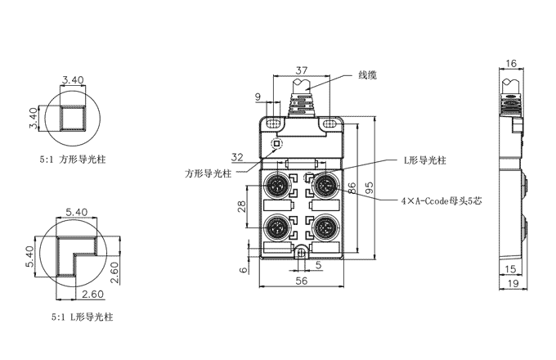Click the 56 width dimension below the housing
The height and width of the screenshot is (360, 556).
point(302,280)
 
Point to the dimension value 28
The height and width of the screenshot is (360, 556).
point(242,206)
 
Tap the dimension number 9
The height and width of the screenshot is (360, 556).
point(259,98)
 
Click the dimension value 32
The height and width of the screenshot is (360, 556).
point(237,156)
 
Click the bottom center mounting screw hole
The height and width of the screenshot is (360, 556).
point(302,252)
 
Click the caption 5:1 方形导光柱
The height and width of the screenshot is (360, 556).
point(73,161)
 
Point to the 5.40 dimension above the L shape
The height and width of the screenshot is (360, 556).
point(75,212)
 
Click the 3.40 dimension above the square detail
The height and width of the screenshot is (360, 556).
point(73,79)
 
